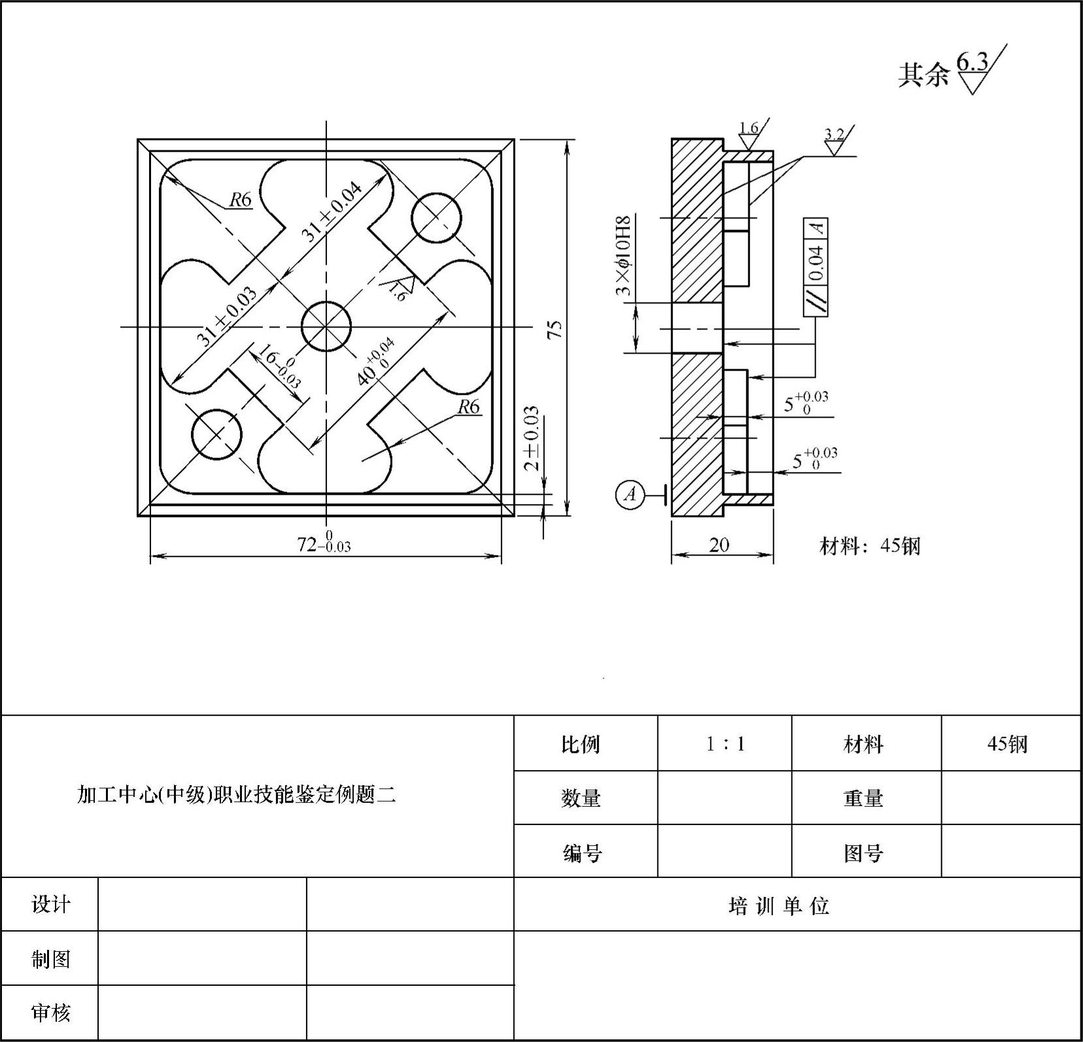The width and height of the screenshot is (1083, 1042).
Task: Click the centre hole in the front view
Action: click(326, 326)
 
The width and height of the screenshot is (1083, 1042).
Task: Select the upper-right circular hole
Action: click(436, 218)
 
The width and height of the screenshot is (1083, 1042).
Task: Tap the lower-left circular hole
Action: click(216, 434)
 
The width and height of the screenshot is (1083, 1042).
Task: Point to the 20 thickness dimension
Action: click(719, 545)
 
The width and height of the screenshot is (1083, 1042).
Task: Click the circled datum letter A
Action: click(630, 494)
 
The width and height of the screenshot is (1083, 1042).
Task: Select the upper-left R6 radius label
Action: click(240, 199)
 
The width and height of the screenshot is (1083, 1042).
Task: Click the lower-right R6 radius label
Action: click(468, 407)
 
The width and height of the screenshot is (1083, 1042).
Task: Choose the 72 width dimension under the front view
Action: click(324, 544)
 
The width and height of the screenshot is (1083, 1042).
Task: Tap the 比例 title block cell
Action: click(580, 744)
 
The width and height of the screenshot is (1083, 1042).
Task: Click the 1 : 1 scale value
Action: click(725, 744)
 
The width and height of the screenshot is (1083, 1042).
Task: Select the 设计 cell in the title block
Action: click(50, 905)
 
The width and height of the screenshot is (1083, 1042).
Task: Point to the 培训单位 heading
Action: click(779, 906)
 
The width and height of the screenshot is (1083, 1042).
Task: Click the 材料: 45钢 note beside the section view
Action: click(870, 545)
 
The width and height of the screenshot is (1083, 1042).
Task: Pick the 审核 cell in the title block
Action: click(50, 1013)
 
